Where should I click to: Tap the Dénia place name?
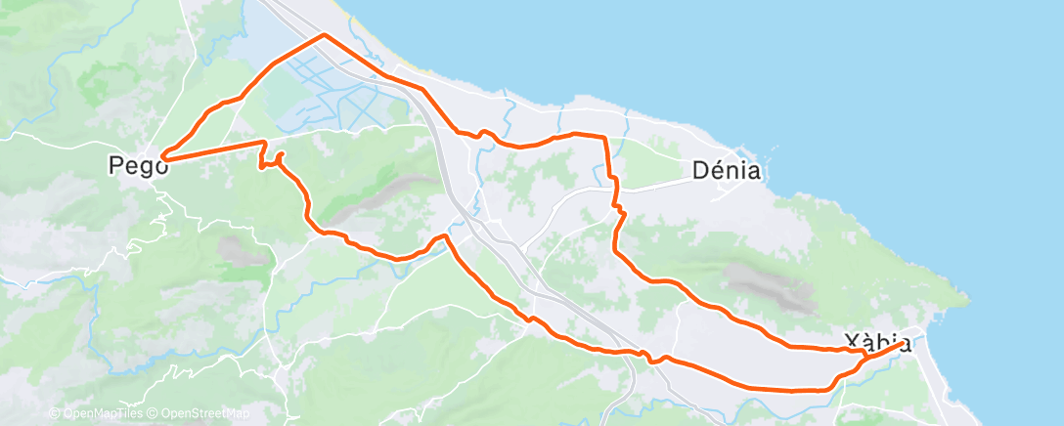(x=726, y=171)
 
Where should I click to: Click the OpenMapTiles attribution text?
(x=101, y=413)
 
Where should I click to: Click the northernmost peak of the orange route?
(x=323, y=35)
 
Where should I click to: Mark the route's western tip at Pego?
(x=161, y=155)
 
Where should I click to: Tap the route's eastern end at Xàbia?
(x=901, y=342)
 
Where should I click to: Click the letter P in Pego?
(x=116, y=167)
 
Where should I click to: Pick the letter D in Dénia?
(x=700, y=171)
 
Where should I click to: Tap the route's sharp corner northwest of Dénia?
(x=605, y=137)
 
